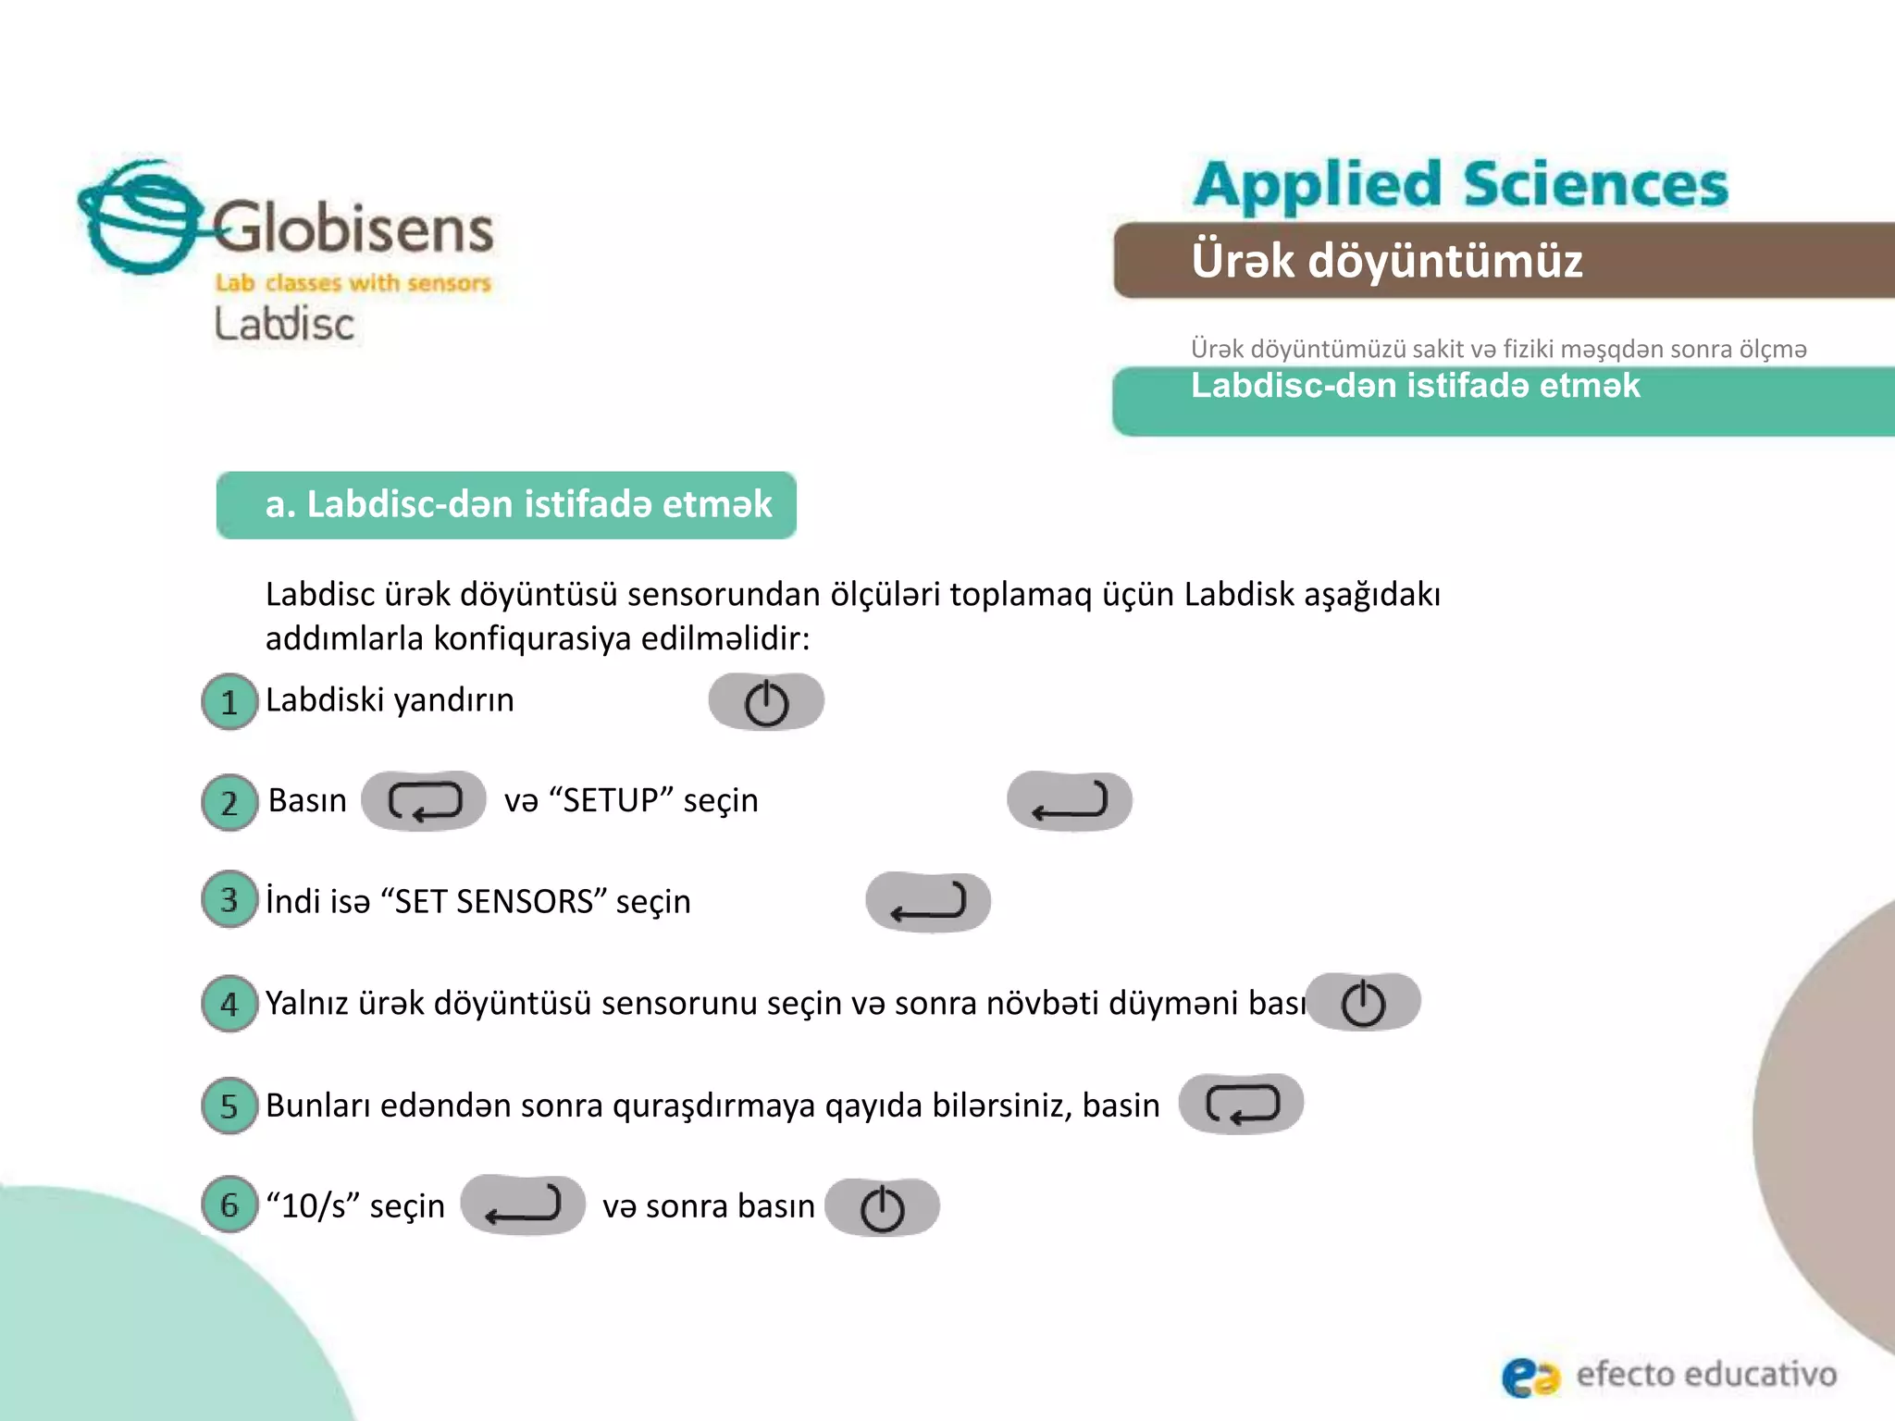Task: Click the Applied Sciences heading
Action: pyautogui.click(x=1460, y=184)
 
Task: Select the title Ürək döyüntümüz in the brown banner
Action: pyautogui.click(x=1386, y=261)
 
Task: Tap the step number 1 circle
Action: pyautogui.click(x=229, y=701)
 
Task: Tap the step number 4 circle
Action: pyautogui.click(x=229, y=1004)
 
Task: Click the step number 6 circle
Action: pyautogui.click(x=229, y=1205)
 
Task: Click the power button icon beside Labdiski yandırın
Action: pyautogui.click(x=766, y=702)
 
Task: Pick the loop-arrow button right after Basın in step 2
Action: pyautogui.click(x=424, y=801)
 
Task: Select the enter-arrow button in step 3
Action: pyautogui.click(x=928, y=902)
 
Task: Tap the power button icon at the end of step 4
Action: pyautogui.click(x=1363, y=1003)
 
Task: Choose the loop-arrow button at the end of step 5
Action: pyautogui.click(x=1241, y=1105)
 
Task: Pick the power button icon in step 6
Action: pyautogui.click(x=882, y=1208)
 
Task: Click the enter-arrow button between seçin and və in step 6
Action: pyautogui.click(x=523, y=1205)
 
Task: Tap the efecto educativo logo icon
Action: pyautogui.click(x=1530, y=1376)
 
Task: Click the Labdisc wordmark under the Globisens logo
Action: pyautogui.click(x=284, y=325)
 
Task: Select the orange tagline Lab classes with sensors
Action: pyautogui.click(x=353, y=283)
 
